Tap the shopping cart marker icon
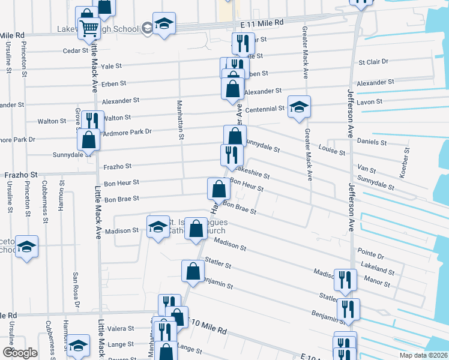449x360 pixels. pyautogui.click(x=89, y=27)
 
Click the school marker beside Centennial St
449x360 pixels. pyautogui.click(x=299, y=107)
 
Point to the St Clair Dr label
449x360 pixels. pyautogui.click(x=373, y=62)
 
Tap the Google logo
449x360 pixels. pyautogui.click(x=20, y=353)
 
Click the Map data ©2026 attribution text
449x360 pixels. pyautogui.click(x=423, y=355)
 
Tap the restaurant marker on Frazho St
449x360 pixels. pyautogui.click(x=232, y=155)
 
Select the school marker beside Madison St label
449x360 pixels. pyautogui.click(x=158, y=227)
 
